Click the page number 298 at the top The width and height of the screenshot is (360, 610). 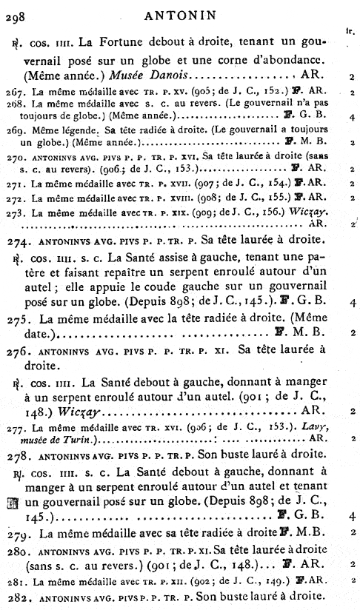pos(16,13)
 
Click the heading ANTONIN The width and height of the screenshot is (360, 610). pos(179,12)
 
